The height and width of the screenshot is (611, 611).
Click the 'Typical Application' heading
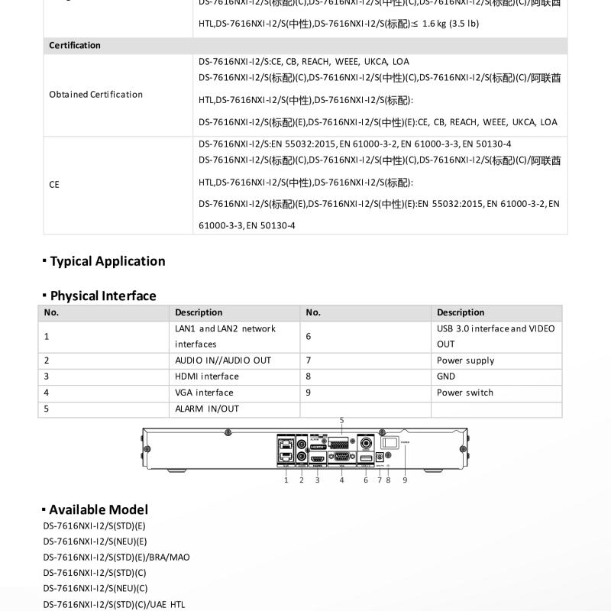108,261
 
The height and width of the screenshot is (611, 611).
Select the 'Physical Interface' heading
103,296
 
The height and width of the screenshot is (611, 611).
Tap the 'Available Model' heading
99,509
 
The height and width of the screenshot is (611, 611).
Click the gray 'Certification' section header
75,45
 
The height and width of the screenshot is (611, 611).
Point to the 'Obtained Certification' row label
95,95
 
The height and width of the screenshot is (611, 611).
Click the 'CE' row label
54,184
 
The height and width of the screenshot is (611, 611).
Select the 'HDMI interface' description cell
207,377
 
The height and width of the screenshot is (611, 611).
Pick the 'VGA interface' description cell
204,393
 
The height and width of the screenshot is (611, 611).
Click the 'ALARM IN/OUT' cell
207,409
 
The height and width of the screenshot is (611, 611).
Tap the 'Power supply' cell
465,360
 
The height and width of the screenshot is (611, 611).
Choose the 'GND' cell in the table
446,377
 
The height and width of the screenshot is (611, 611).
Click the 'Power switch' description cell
465,393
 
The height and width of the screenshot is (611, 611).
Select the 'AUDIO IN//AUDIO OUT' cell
223,360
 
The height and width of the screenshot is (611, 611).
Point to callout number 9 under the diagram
405,480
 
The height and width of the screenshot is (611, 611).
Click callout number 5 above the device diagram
341,421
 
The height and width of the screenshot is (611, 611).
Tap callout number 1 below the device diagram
286,480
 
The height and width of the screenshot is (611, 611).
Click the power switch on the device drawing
390,442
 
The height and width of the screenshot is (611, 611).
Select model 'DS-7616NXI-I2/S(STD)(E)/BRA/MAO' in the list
116,557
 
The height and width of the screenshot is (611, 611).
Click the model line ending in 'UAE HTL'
114,604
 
